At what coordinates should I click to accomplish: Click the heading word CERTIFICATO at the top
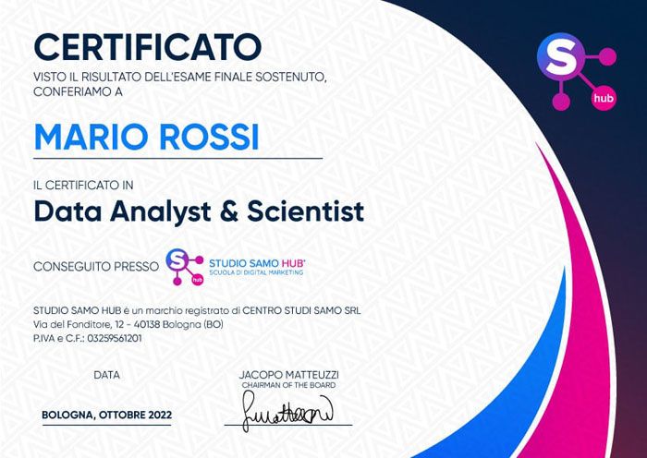click(x=148, y=47)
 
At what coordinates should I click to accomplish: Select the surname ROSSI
click(x=209, y=137)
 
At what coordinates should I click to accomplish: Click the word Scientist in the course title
click(x=305, y=211)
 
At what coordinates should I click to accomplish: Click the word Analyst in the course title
click(x=161, y=212)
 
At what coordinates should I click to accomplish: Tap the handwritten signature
click(x=287, y=411)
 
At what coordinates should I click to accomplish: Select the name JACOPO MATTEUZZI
click(x=288, y=375)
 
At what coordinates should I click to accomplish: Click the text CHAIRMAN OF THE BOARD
click(x=288, y=385)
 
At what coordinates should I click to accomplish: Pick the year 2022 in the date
click(x=155, y=415)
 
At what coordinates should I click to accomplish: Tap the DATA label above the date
click(x=107, y=375)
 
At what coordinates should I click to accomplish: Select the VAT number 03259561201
click(x=115, y=339)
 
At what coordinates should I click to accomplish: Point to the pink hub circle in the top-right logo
click(x=604, y=98)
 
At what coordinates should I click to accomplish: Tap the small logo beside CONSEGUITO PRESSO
click(x=185, y=267)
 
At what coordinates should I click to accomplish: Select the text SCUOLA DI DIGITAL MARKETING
click(x=256, y=272)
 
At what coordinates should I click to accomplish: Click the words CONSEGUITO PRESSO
click(x=96, y=267)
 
